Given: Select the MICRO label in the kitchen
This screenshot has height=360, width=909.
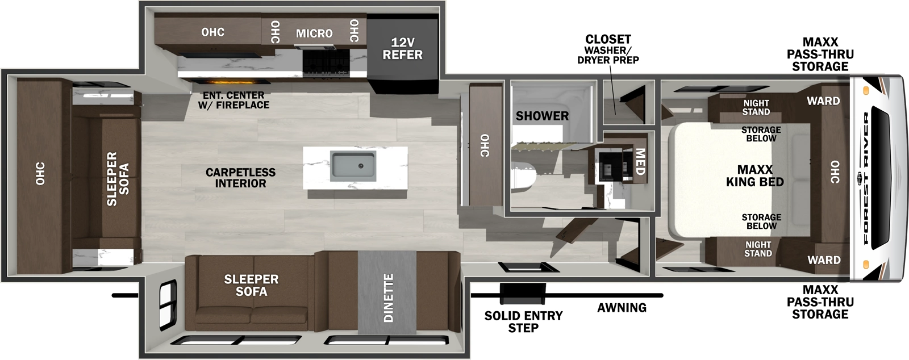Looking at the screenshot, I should click(x=314, y=34).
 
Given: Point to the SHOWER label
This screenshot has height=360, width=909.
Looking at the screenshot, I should click(x=542, y=116).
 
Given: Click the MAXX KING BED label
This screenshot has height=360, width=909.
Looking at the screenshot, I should click(x=754, y=176).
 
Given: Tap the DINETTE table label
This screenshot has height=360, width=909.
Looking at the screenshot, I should click(x=389, y=298).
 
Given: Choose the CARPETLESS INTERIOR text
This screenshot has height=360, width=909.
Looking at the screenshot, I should click(x=240, y=178).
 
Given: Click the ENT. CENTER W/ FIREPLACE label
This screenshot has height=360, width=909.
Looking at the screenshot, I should click(x=233, y=100).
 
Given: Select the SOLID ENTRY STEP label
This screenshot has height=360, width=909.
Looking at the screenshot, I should click(x=523, y=321).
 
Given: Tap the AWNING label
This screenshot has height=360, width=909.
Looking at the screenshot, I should click(x=622, y=308).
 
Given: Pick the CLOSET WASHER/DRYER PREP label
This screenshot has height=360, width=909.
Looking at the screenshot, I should click(x=608, y=49).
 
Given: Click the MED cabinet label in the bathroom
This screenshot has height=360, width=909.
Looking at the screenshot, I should click(x=640, y=162).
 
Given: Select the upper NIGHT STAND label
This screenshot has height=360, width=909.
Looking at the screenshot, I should click(x=756, y=107).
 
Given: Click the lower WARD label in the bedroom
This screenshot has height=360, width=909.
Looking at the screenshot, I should click(x=824, y=260).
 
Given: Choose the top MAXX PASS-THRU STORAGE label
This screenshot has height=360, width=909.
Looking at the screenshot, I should click(x=820, y=54).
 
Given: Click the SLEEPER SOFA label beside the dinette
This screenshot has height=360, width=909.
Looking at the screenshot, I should click(x=251, y=285).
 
